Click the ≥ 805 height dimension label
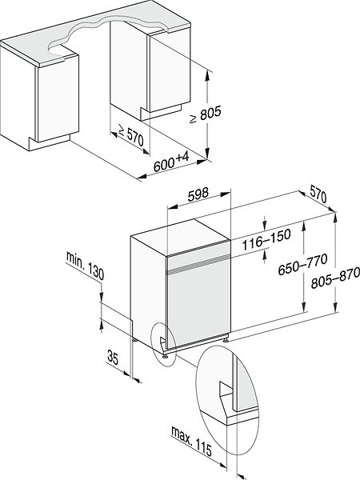tap(205, 114)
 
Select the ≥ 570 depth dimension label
tap(130, 135)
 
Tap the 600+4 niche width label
tap(171, 162)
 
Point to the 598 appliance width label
tap(198, 194)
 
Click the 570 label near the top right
tap(318, 194)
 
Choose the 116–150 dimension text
tap(266, 239)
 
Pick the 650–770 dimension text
tap(302, 265)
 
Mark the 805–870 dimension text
tap(335, 278)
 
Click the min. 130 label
tap(85, 266)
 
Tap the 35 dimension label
tap(113, 358)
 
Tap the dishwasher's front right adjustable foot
tap(226, 339)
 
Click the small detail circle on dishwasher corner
tap(163, 343)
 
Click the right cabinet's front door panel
tap(169, 70)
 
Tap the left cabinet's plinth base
tap(50, 142)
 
